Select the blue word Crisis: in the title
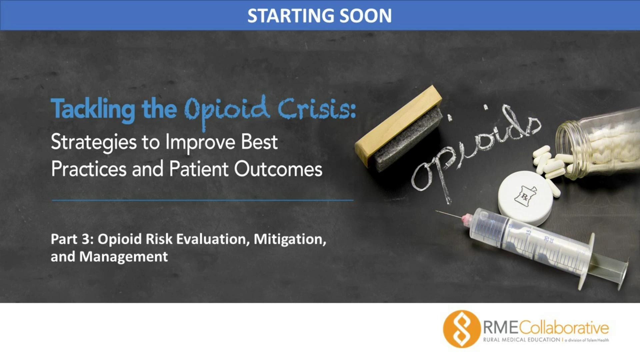[x=317, y=109]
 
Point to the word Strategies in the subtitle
[x=94, y=143]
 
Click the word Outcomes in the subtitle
[x=278, y=169]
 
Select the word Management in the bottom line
[x=124, y=257]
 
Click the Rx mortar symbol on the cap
[x=525, y=196]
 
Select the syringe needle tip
[x=436, y=211]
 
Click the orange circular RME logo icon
[x=462, y=329]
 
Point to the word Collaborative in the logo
[x=564, y=328]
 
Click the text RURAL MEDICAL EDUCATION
[x=522, y=340]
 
